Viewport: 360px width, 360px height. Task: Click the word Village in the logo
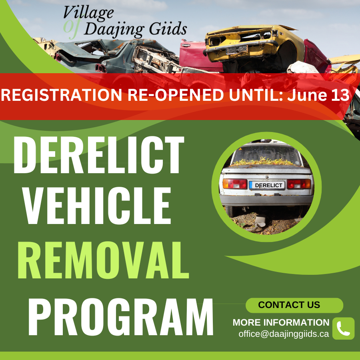tap(88, 13)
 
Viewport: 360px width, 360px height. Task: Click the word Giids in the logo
tap(168, 29)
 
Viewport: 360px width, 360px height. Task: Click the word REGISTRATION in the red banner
tap(62, 95)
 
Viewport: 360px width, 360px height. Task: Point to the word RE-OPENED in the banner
tap(176, 95)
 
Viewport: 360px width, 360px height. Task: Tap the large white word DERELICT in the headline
tap(99, 154)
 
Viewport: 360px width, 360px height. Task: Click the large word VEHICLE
tap(97, 205)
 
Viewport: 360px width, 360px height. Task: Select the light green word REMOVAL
tap(103, 260)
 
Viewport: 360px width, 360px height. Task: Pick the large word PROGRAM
tap(121, 317)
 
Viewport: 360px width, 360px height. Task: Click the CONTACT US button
tap(294, 305)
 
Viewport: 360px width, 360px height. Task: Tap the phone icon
tap(344, 328)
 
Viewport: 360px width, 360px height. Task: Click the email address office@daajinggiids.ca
tap(284, 334)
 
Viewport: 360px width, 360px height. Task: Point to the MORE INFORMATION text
tap(281, 322)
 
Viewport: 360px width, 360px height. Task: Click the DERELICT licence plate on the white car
tap(267, 185)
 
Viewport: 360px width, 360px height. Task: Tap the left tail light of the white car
tap(235, 184)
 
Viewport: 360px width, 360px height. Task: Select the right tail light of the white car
tap(299, 184)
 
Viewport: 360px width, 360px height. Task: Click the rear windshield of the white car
tap(266, 155)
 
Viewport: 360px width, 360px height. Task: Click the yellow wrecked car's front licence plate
tap(237, 49)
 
